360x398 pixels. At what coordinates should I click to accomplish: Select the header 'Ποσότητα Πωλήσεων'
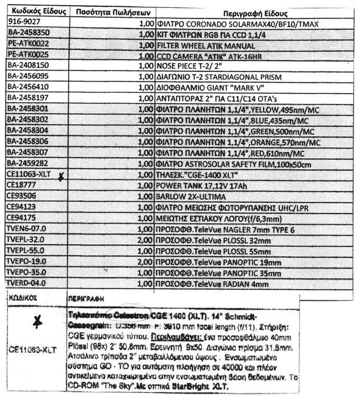[x=113, y=12]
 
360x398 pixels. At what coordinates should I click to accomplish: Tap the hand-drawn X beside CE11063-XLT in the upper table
[x=61, y=177]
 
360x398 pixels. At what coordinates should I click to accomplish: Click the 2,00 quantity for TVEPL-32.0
[x=145, y=239]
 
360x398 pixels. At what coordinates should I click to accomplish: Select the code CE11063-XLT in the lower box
[x=33, y=350]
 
